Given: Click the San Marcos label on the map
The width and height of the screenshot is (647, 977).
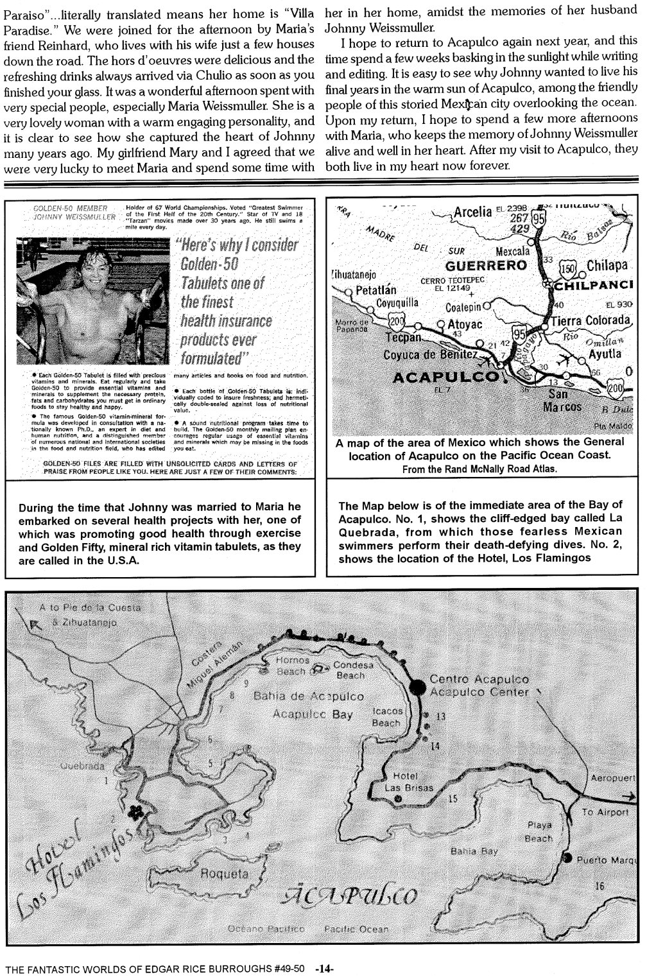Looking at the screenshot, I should click(562, 401).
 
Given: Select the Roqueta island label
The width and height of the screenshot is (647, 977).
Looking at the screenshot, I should click(224, 874).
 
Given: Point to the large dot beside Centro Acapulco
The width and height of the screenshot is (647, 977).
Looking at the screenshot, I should click(418, 686).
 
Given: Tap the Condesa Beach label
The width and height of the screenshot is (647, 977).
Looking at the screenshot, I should click(350, 670).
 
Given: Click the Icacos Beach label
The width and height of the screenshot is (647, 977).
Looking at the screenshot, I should click(387, 717).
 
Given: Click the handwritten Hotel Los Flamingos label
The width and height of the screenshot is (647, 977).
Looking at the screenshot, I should click(80, 857).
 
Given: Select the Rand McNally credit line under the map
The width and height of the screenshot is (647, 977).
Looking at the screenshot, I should click(479, 469).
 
